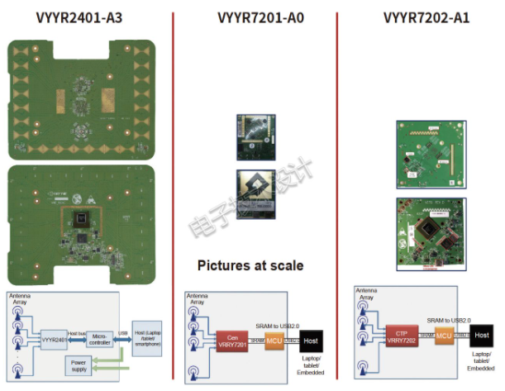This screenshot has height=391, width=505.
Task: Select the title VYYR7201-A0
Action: [x=253, y=17]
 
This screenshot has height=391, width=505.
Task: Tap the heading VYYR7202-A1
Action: [x=426, y=17]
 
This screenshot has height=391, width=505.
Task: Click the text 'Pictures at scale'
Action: [x=250, y=265]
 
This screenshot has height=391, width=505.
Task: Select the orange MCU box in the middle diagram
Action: [x=275, y=340]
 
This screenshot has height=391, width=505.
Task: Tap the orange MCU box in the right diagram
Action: [x=445, y=336]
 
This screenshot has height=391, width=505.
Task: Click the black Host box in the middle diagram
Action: [x=312, y=340]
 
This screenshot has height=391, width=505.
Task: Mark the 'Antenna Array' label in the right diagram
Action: [x=369, y=294]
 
